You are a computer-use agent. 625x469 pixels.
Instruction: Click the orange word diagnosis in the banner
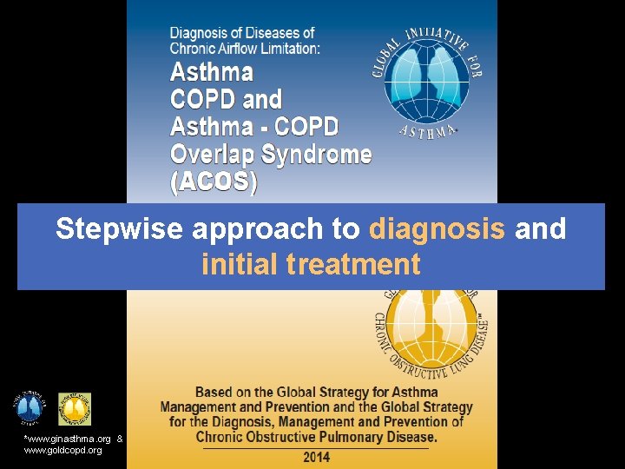click(437, 229)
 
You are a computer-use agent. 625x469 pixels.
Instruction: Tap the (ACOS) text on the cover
click(214, 182)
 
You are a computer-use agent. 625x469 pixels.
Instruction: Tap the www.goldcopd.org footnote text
click(62, 450)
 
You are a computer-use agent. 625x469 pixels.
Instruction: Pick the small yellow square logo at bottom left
click(75, 409)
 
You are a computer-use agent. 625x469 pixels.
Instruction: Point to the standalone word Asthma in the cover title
click(212, 71)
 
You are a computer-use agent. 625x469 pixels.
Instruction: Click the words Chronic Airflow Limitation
click(245, 50)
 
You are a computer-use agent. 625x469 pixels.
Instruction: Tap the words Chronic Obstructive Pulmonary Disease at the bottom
click(316, 436)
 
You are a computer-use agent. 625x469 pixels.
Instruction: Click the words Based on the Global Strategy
click(286, 392)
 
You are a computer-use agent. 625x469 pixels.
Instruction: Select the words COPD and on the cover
click(226, 99)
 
